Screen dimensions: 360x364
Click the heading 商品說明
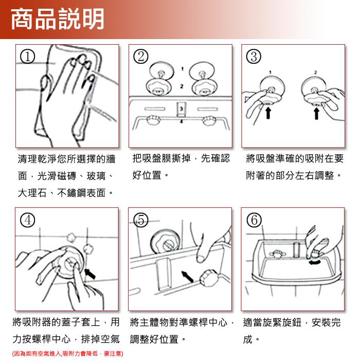tap(58, 19)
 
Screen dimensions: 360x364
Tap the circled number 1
tap(28, 57)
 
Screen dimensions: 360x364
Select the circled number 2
tap(141, 57)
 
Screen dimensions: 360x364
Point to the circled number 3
tap(254, 57)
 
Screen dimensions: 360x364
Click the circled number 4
tap(28, 220)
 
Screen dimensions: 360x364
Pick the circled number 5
tap(141, 220)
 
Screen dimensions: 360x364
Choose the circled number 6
tap(254, 220)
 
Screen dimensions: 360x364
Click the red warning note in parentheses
tap(67, 354)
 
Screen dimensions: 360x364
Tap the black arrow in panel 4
tap(91, 274)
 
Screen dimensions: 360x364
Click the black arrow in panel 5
tap(188, 276)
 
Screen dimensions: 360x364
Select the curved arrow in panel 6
tap(315, 262)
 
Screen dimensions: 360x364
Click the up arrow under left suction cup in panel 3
tap(268, 113)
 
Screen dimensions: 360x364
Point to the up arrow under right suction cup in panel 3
tap(316, 113)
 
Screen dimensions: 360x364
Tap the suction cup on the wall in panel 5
tap(166, 242)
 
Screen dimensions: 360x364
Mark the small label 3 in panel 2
tap(182, 108)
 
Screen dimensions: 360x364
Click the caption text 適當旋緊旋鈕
tap(272, 322)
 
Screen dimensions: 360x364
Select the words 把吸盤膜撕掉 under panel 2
tap(161, 158)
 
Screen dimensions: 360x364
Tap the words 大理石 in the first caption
tap(32, 193)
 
